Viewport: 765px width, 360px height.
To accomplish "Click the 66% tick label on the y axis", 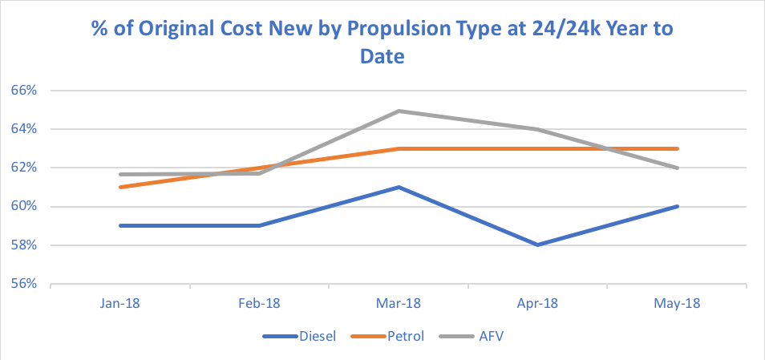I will [24, 91].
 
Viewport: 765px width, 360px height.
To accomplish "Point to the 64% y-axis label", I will [24, 129].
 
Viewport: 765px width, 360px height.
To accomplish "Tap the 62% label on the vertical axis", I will [24, 168].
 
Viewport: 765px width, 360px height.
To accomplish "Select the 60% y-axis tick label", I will [24, 207].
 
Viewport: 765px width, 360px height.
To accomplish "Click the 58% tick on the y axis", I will [24, 245].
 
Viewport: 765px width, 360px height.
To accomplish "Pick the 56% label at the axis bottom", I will [24, 284].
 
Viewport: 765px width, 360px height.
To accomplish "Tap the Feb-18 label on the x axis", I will [260, 304].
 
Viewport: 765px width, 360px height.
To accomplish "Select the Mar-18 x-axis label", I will [399, 304].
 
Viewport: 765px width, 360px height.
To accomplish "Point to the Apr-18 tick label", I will [538, 304].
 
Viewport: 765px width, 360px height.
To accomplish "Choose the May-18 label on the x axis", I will [678, 304].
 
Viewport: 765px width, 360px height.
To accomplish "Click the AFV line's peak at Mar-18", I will [399, 111].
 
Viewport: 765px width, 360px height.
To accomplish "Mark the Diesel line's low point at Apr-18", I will [538, 245].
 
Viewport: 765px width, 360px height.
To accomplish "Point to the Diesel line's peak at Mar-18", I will [399, 187].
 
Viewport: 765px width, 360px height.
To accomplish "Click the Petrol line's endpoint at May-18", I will [678, 148].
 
